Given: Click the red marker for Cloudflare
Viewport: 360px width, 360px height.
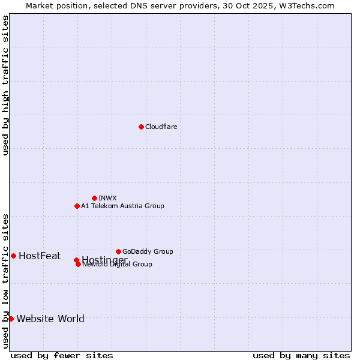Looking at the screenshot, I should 141,127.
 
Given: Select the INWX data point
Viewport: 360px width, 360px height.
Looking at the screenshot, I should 94,198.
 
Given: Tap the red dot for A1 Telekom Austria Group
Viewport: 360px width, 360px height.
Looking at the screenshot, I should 77,206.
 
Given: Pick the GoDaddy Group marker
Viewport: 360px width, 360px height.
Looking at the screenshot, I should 118,251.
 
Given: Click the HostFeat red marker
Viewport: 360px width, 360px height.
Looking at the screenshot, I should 13,256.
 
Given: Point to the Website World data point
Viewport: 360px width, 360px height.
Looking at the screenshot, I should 11,319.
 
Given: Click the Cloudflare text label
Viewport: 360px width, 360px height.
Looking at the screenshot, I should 161,127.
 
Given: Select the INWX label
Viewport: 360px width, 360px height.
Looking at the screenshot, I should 107,198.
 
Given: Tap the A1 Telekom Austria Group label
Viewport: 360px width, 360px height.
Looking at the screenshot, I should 122,206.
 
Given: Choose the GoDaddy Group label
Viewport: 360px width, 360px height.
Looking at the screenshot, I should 148,251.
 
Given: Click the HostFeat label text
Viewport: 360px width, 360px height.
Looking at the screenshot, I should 40,256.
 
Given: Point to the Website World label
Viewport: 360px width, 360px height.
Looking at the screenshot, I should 50,319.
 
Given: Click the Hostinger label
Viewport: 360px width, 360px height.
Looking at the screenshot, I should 104,260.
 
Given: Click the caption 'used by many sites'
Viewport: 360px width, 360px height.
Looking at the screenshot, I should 301,355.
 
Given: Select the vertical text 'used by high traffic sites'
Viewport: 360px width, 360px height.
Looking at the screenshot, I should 6,85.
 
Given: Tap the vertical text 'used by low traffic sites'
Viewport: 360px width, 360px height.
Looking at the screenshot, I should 6,280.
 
